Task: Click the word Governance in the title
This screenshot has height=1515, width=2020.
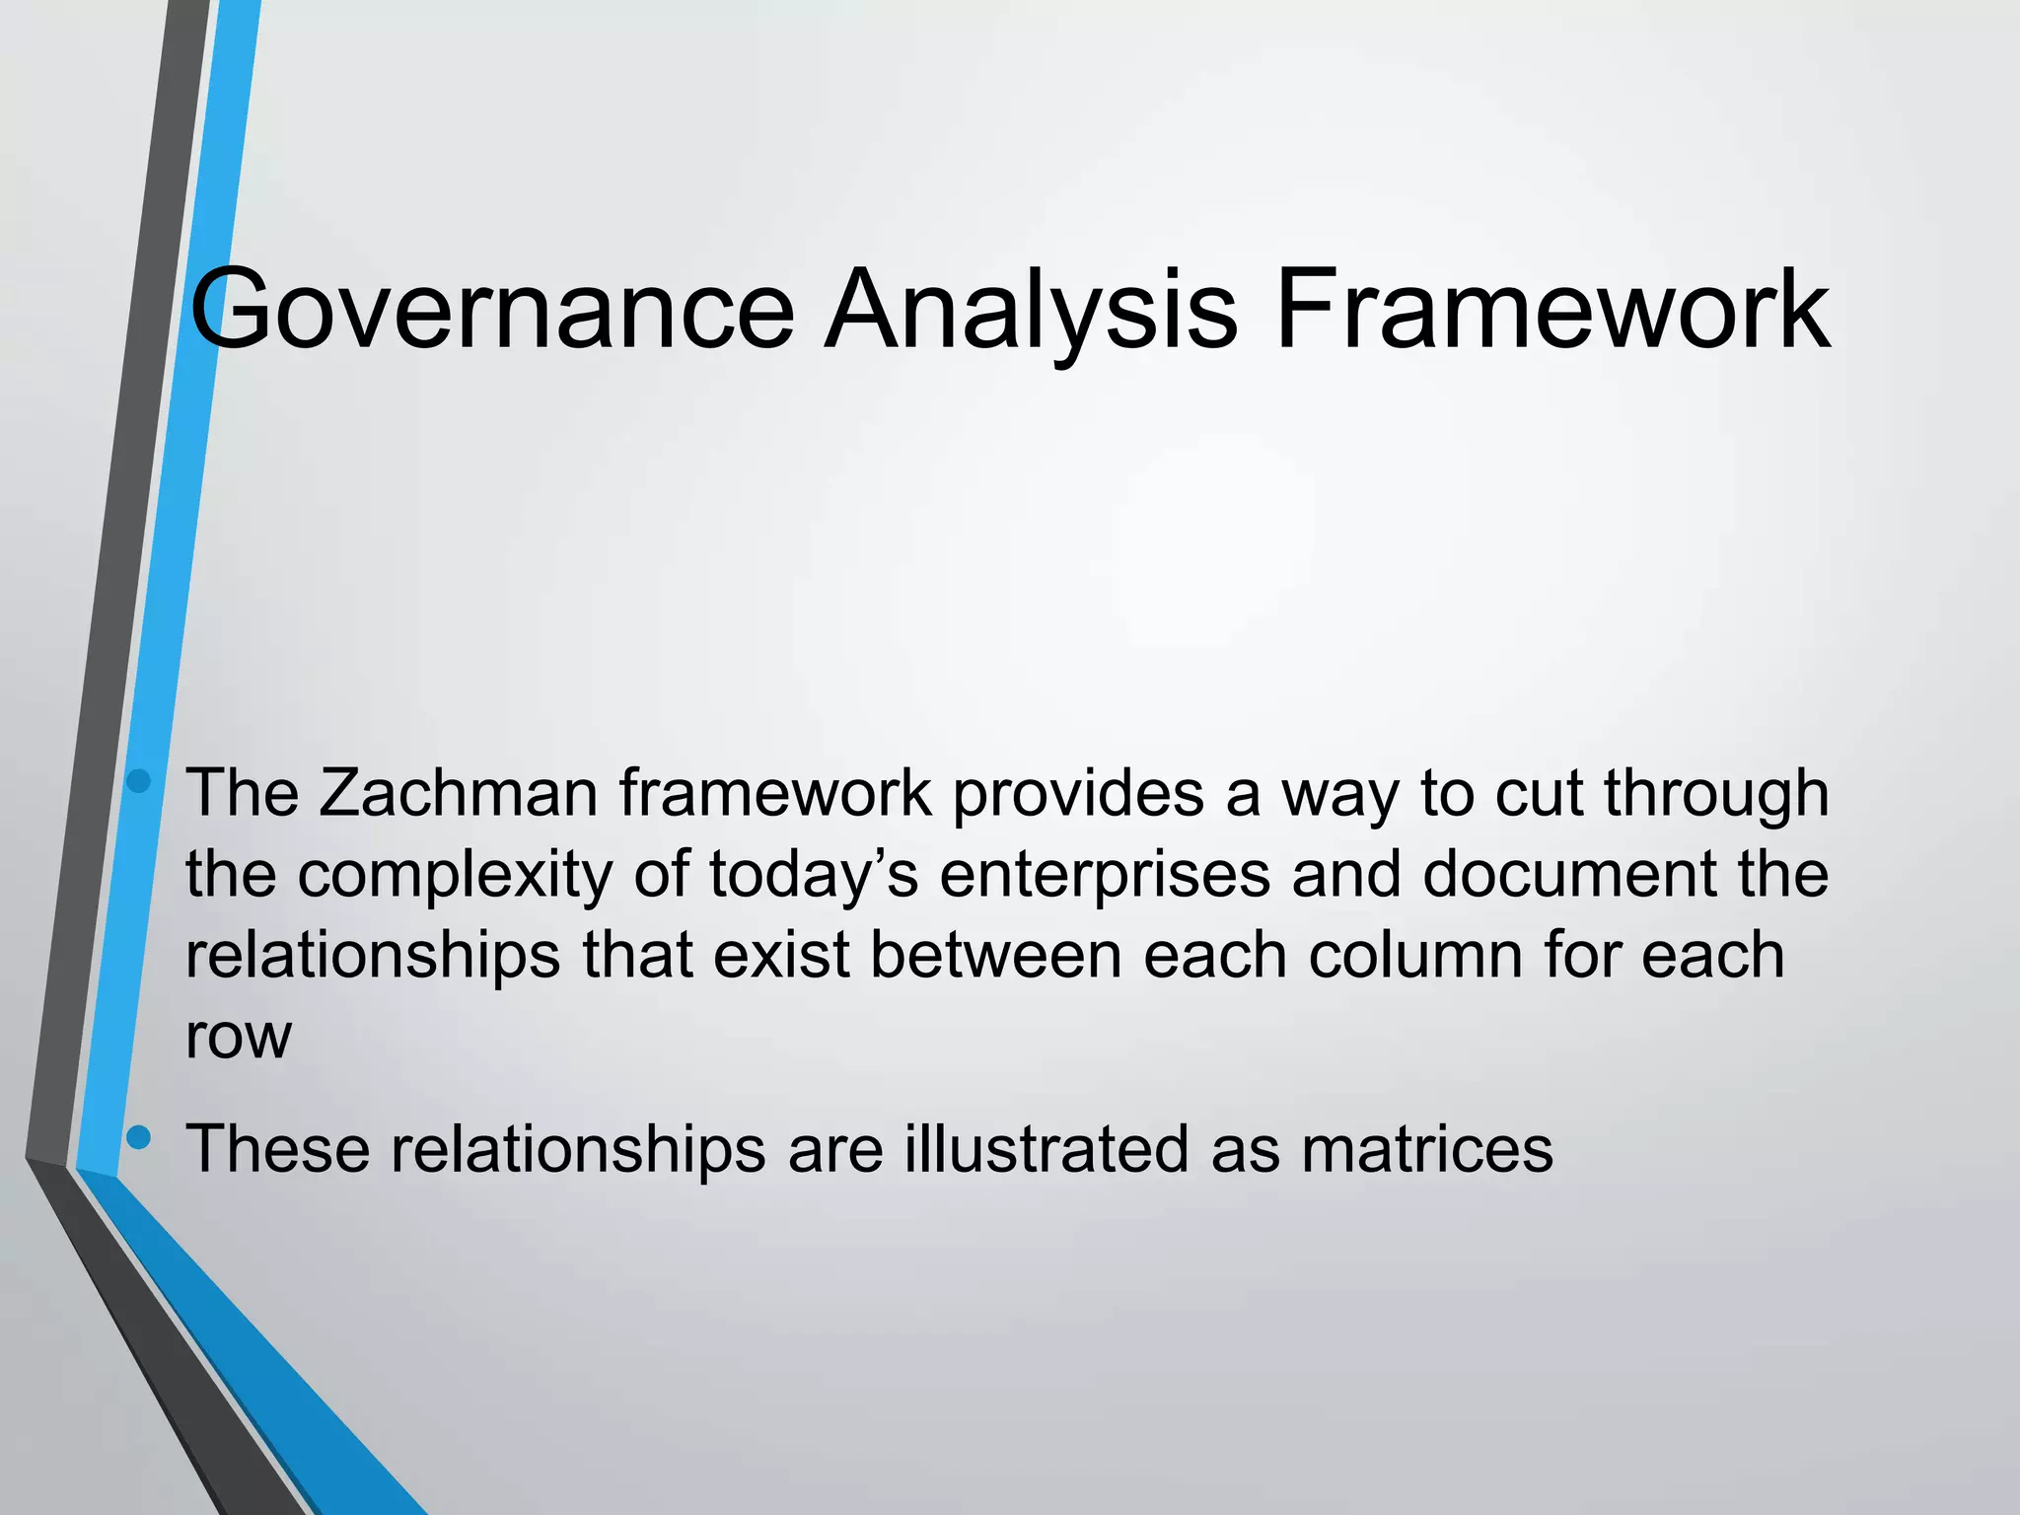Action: pos(491,310)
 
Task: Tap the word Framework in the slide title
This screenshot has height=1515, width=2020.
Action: pos(1552,310)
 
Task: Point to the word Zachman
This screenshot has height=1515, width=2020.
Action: pos(458,793)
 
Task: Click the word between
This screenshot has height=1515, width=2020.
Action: pos(996,955)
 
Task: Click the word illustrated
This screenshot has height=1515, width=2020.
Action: pos(1046,1148)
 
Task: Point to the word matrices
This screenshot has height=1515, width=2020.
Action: pos(1426,1148)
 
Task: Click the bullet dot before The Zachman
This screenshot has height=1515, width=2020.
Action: pos(139,782)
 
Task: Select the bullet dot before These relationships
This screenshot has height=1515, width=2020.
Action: pos(139,1138)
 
